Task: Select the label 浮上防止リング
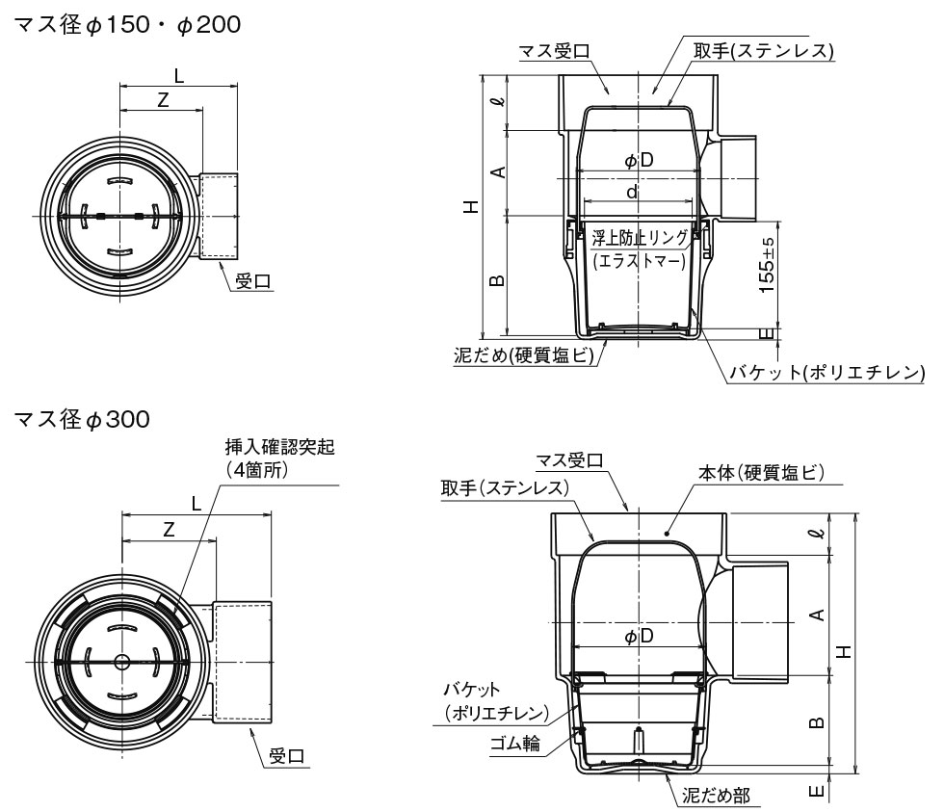(640, 237)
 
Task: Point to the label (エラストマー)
(639, 259)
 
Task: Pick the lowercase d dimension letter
(632, 193)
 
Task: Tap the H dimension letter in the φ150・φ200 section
(469, 205)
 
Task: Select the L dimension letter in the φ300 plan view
(197, 503)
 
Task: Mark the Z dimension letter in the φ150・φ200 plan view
(163, 99)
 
